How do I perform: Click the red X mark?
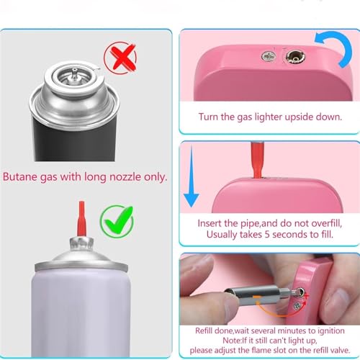click(123, 58)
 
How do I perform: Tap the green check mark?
click(119, 220)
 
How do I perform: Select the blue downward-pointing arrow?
click(192, 178)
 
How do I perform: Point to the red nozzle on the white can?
click(81, 218)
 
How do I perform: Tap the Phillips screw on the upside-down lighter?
click(269, 57)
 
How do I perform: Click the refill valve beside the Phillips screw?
click(295, 58)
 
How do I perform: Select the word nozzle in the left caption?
click(125, 177)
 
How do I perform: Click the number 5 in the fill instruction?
click(267, 235)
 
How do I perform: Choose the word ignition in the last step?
click(331, 331)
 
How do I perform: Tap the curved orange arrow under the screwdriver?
click(281, 310)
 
